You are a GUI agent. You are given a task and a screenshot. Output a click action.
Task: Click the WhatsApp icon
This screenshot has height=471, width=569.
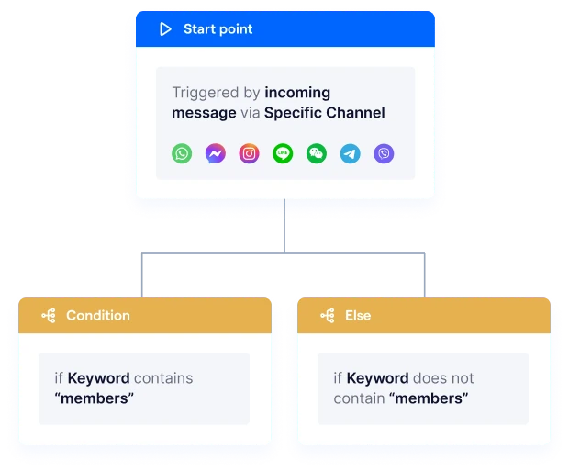(x=182, y=153)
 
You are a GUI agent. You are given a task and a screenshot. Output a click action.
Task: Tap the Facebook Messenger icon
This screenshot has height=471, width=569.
(x=216, y=153)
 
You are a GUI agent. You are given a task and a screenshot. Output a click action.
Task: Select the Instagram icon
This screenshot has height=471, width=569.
(x=249, y=153)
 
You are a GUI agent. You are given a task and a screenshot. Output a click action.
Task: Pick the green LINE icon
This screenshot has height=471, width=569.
(x=283, y=153)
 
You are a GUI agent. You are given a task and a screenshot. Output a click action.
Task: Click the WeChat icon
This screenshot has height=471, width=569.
(x=317, y=153)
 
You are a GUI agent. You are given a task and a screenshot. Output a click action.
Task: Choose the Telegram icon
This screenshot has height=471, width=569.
(x=351, y=153)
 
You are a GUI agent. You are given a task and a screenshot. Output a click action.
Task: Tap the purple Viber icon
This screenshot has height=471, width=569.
(x=384, y=153)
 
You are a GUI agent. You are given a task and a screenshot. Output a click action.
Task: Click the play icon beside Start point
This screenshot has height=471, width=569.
(x=165, y=29)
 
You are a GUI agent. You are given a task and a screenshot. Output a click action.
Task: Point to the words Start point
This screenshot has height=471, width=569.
(x=218, y=29)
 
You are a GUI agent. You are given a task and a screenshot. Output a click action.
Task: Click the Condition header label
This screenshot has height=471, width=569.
(x=97, y=316)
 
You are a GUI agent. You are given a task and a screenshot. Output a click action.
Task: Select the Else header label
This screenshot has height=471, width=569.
(x=358, y=316)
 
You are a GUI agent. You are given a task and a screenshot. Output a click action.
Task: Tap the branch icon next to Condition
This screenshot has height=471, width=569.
(x=49, y=316)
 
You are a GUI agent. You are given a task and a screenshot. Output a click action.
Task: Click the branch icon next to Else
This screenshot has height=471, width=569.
(x=327, y=316)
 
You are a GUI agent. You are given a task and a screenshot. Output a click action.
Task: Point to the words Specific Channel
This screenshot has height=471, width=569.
(x=324, y=113)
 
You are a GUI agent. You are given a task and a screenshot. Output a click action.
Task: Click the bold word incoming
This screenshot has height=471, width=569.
(x=297, y=93)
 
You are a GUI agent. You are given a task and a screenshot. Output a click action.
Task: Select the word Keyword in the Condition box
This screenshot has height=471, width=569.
(x=98, y=378)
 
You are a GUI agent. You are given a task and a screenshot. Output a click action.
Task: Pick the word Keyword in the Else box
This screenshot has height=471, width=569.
(x=377, y=378)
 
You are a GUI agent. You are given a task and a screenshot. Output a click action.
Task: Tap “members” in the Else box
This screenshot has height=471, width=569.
(x=429, y=398)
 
